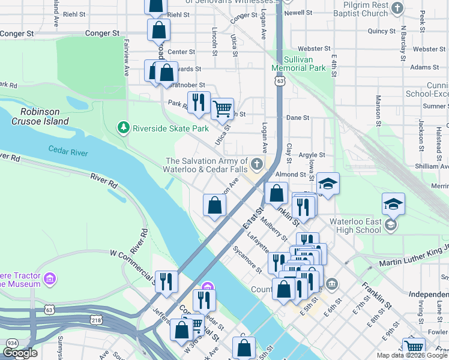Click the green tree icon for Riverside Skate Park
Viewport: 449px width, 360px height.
(x=124, y=128)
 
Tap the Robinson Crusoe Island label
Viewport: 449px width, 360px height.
(x=44, y=116)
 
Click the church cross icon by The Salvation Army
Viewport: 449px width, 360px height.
(x=257, y=164)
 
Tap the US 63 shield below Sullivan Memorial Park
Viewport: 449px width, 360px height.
(x=279, y=80)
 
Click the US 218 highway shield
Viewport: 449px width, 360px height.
(x=96, y=322)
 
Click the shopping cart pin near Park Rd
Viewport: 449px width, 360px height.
(x=223, y=109)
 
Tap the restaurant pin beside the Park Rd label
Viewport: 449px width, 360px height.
(x=198, y=103)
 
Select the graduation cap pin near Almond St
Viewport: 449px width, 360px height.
(x=328, y=184)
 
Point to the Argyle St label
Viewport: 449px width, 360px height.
(x=312, y=155)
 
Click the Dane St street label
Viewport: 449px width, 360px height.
(x=297, y=118)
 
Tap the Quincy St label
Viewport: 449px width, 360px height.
(x=382, y=31)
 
